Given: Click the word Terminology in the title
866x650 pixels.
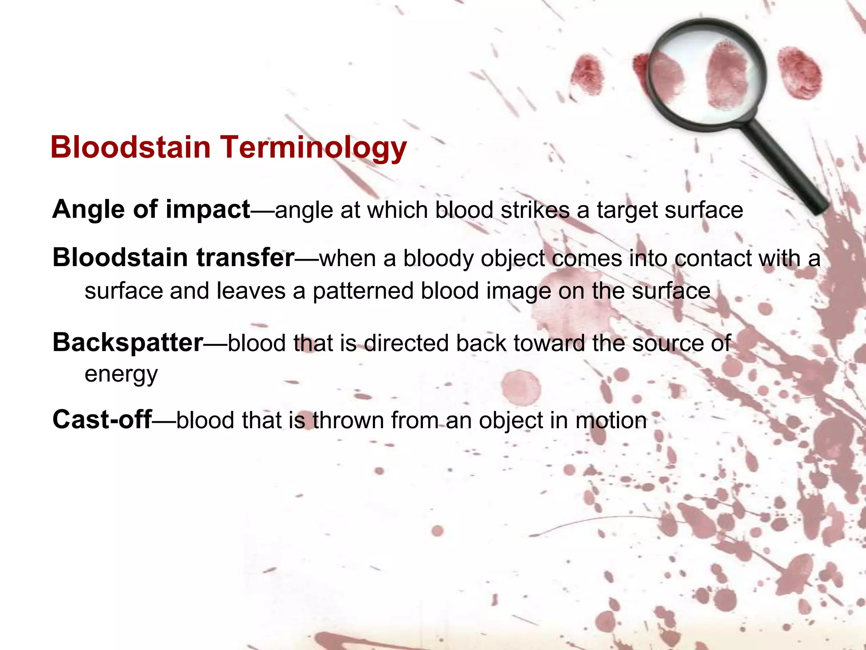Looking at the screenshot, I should (x=313, y=148).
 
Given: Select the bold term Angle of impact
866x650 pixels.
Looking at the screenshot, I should (x=151, y=209).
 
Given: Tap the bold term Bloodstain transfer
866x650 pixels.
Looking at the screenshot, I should (x=173, y=258).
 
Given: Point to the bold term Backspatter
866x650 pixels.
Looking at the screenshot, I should (x=128, y=342).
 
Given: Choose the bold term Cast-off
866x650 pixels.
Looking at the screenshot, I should (x=102, y=420).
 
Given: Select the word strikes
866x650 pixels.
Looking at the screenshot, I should (x=535, y=210).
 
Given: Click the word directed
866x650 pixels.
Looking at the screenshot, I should (x=406, y=343).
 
